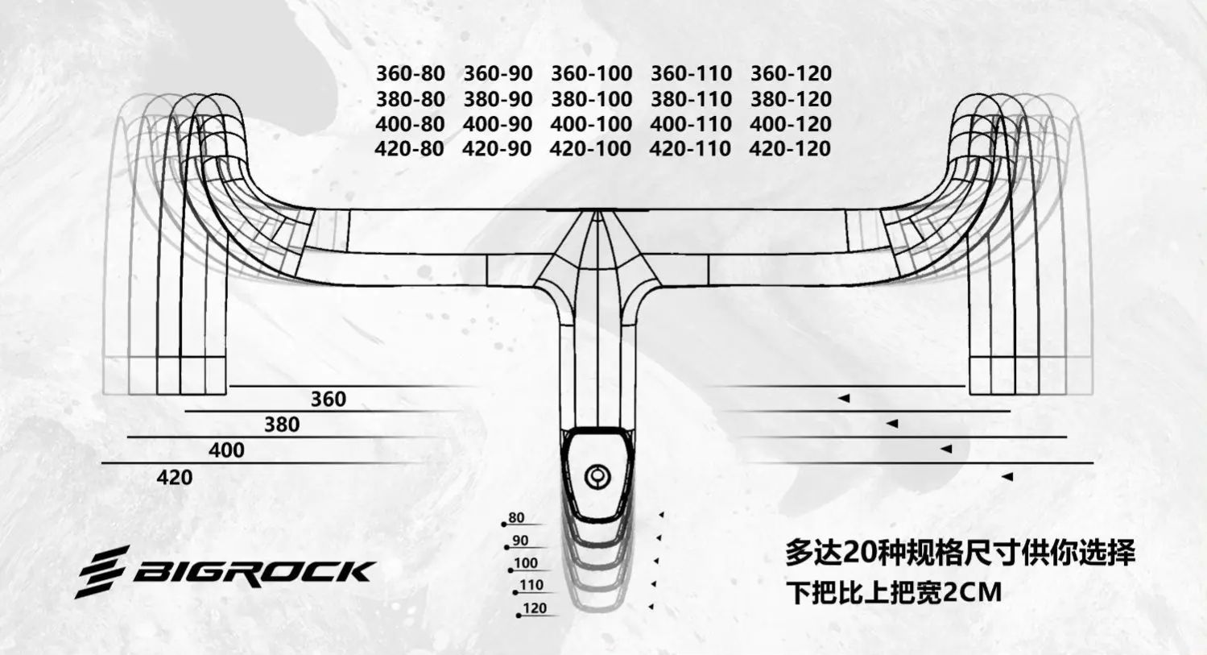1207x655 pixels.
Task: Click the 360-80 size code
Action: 410,73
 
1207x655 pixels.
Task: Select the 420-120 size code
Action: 789,149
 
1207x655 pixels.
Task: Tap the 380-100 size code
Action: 591,99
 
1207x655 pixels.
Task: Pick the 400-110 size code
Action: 690,124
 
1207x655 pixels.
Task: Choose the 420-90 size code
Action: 497,149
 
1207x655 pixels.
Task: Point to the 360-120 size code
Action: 791,73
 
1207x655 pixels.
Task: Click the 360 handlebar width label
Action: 328,399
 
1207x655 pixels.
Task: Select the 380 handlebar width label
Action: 281,425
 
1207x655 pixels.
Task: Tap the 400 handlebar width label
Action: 226,450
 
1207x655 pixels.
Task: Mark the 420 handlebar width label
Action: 175,477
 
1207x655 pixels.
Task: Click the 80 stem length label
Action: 516,518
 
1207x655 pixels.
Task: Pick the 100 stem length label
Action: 525,563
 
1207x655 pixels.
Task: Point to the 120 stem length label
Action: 535,608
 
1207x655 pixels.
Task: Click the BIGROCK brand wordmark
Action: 252,572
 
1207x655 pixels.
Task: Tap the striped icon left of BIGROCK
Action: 102,571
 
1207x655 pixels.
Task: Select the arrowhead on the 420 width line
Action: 1007,477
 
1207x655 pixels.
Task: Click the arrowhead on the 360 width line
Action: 844,398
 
